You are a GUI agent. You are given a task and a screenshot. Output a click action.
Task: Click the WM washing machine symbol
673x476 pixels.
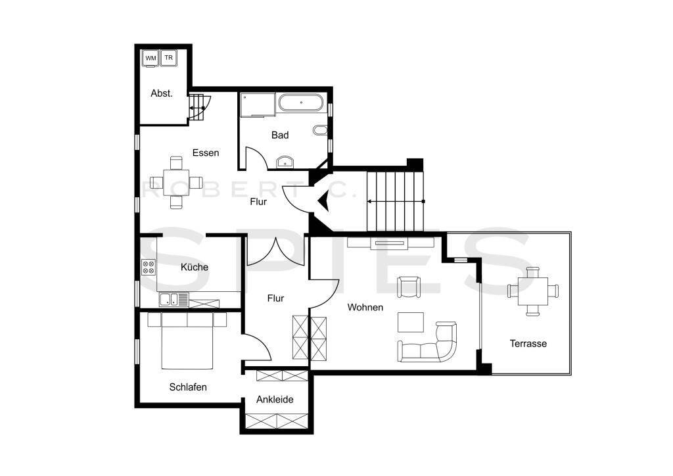coord(151,58)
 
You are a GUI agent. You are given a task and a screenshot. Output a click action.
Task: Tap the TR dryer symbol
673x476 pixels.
coord(169,58)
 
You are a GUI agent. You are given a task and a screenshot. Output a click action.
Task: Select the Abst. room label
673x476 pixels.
coord(162,93)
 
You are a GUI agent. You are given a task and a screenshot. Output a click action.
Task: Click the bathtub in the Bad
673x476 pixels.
coord(301,103)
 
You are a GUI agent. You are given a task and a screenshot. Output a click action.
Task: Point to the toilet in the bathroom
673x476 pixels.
coord(320,131)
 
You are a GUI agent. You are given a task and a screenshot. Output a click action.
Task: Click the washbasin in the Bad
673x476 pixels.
coord(286,161)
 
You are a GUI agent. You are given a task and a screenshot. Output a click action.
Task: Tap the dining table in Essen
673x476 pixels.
coord(175,182)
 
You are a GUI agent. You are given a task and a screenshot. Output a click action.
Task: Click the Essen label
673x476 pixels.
coord(206,153)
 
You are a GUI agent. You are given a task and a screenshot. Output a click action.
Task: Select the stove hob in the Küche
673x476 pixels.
coord(149,267)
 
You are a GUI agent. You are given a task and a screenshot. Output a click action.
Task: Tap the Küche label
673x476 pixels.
coord(195,267)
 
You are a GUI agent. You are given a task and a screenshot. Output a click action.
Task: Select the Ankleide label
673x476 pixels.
coord(275,399)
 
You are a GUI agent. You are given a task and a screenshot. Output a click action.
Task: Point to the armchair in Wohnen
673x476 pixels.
coord(409,287)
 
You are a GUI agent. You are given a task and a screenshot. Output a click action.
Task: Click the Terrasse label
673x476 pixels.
coord(528,343)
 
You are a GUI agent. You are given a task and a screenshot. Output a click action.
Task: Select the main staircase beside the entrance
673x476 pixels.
coord(394,201)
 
